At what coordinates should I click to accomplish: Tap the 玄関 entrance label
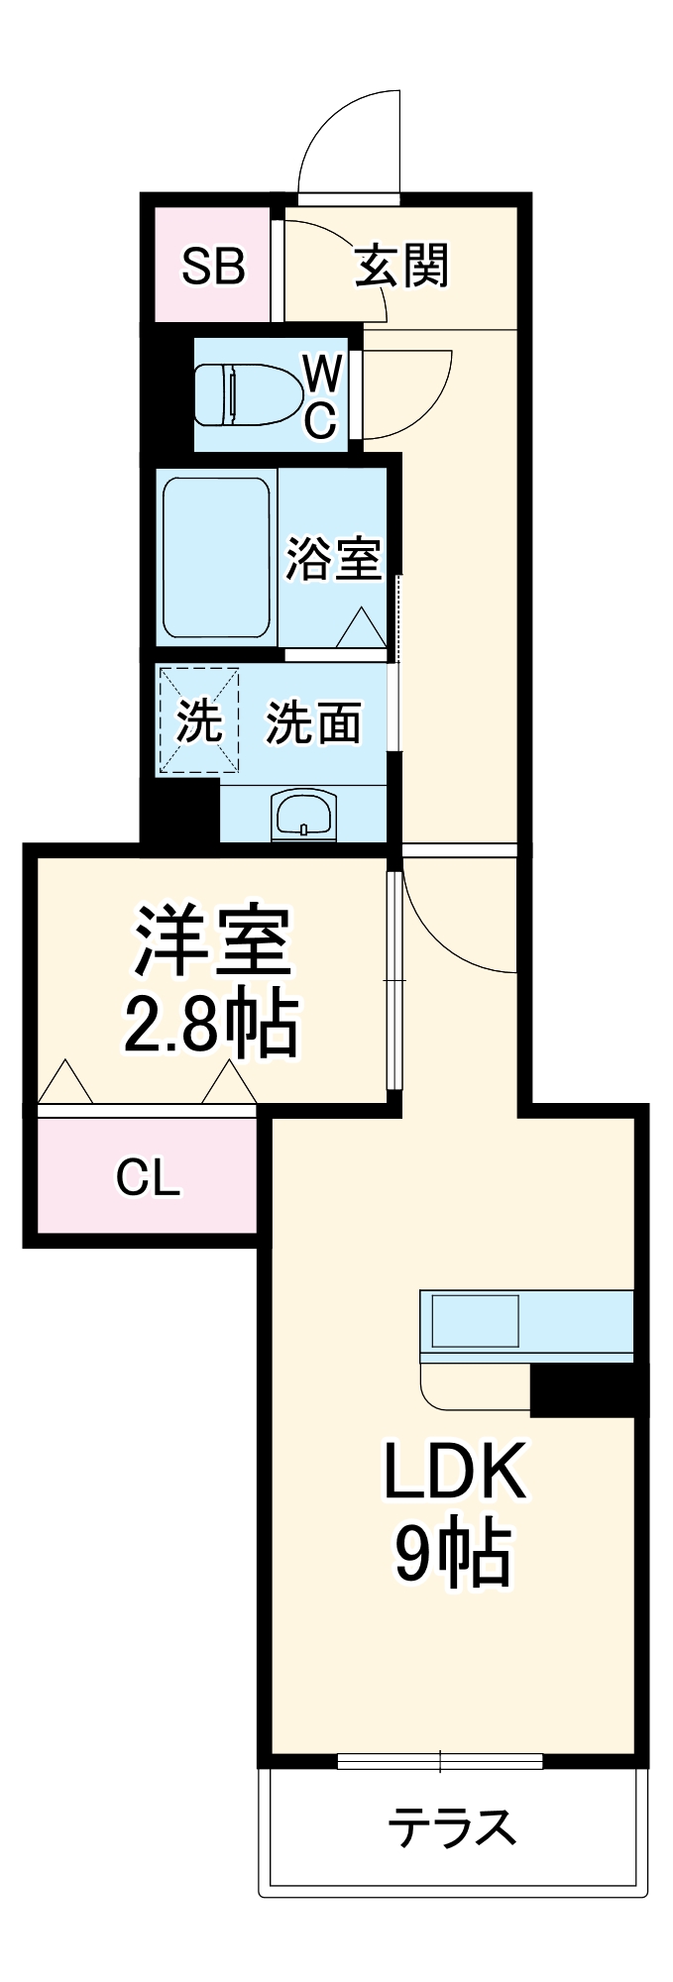[402, 265]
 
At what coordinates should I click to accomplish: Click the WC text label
[322, 396]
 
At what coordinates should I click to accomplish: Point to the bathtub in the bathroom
[216, 558]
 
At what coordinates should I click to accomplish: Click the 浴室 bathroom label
[333, 559]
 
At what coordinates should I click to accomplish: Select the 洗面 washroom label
[312, 722]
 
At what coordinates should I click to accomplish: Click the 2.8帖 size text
[210, 1023]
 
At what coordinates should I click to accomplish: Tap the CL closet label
[149, 1177]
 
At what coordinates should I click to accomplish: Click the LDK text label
[454, 1472]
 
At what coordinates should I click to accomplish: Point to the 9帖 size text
[453, 1553]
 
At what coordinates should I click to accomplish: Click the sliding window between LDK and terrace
[440, 1761]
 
